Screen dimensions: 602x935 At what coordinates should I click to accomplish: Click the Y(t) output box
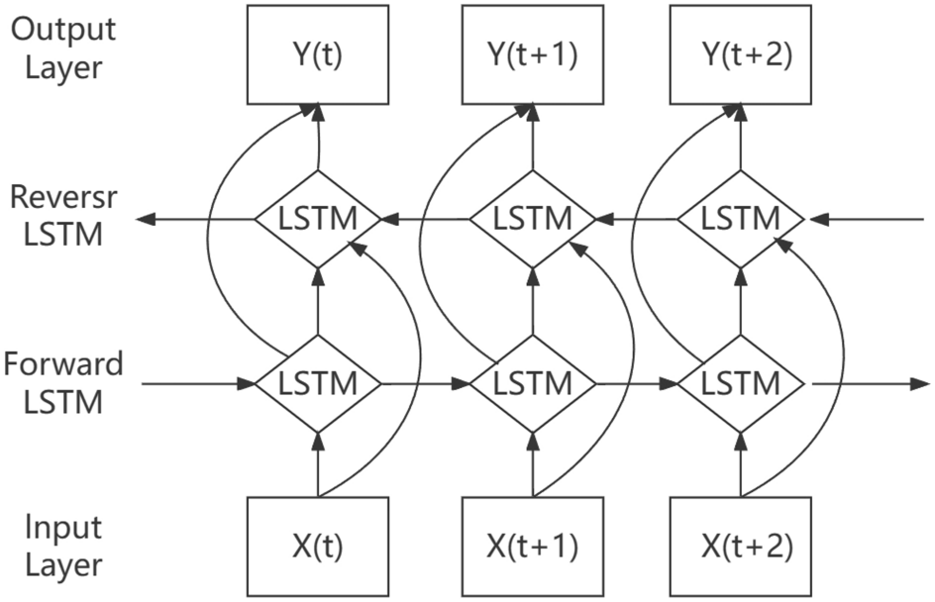point(318,54)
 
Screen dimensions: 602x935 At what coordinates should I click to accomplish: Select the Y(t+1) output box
point(532,54)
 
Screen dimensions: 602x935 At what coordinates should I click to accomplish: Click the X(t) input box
point(318,547)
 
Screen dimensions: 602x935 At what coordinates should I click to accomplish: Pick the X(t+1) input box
point(532,547)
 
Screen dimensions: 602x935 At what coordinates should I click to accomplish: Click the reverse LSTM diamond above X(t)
point(318,218)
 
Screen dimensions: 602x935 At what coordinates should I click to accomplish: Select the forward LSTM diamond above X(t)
point(318,382)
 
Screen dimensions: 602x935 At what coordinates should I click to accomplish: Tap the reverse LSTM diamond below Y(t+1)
point(532,218)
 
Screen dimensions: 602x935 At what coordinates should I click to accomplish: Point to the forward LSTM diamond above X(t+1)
point(532,382)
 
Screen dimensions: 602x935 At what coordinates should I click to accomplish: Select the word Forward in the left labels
point(63,363)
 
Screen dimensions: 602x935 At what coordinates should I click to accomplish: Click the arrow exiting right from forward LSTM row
point(872,382)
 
